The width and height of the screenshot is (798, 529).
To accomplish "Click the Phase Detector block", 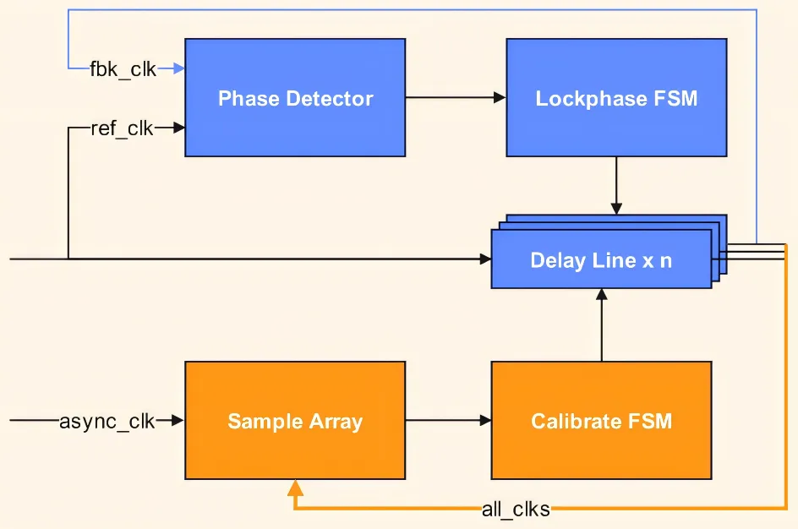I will [295, 98].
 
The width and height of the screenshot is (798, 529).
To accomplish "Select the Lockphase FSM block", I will [616, 98].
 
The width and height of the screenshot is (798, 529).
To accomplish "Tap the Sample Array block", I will [295, 421].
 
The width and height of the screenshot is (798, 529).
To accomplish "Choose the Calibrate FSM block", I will [601, 421].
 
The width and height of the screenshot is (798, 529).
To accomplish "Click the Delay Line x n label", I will [601, 260].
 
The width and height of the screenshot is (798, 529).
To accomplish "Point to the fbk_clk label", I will [123, 69].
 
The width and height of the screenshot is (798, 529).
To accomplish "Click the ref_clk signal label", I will [123, 129].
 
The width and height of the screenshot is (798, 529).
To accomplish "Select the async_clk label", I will [107, 421].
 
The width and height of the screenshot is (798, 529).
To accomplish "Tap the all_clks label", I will [516, 509].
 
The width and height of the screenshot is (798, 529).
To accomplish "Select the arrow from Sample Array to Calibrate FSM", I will [448, 420].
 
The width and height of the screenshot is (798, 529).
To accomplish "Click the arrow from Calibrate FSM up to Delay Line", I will [601, 325].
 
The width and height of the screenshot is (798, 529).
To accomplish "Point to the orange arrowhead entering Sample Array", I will [294, 488].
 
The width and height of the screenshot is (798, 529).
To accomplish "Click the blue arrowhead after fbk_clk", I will [178, 68].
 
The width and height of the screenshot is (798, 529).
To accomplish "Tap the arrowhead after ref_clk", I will [178, 128].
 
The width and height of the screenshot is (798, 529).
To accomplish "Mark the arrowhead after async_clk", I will [178, 420].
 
